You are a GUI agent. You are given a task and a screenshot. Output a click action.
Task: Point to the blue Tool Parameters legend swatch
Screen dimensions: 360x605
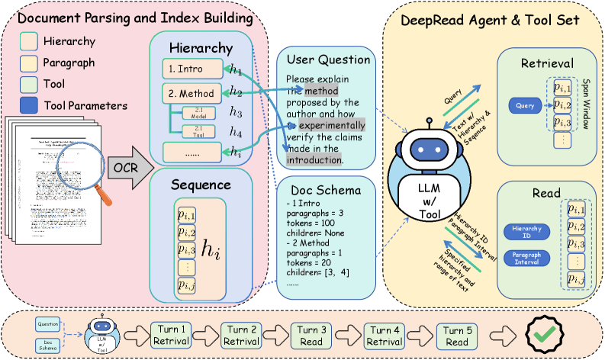click(x=27, y=106)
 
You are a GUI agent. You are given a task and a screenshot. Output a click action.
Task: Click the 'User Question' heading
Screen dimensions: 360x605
click(x=329, y=59)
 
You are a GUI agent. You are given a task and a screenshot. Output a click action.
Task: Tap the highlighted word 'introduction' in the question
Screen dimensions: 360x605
click(x=314, y=160)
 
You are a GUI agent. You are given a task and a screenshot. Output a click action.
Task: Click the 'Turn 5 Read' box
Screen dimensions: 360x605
click(x=456, y=333)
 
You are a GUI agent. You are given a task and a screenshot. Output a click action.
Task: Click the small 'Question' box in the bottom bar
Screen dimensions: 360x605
click(x=47, y=323)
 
